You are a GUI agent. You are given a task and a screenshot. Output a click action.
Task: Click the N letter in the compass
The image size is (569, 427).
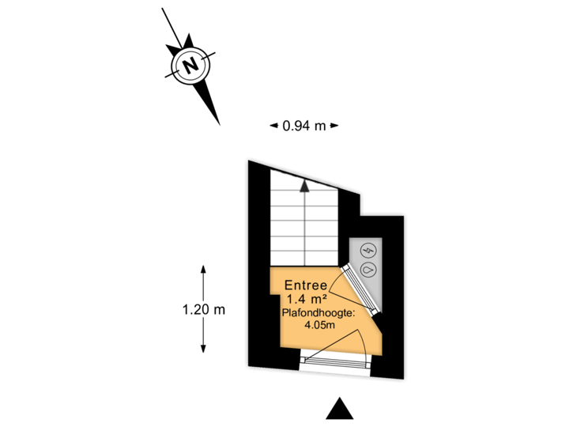pos(190,64)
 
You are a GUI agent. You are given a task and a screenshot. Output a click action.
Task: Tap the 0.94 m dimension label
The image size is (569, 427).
pos(304,125)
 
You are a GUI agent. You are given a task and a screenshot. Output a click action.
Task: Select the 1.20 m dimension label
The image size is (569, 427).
pos(204,309)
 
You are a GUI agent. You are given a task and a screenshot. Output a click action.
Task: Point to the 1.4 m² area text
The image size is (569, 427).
pos(307,299)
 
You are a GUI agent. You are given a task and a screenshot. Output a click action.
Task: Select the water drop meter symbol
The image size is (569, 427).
pos(368,270)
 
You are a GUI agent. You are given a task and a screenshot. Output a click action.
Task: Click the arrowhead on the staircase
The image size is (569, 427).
pos(304,186)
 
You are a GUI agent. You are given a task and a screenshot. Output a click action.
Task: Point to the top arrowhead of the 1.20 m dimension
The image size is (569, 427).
pos(204,270)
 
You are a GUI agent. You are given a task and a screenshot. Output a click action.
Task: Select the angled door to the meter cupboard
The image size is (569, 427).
pos(359,292)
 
